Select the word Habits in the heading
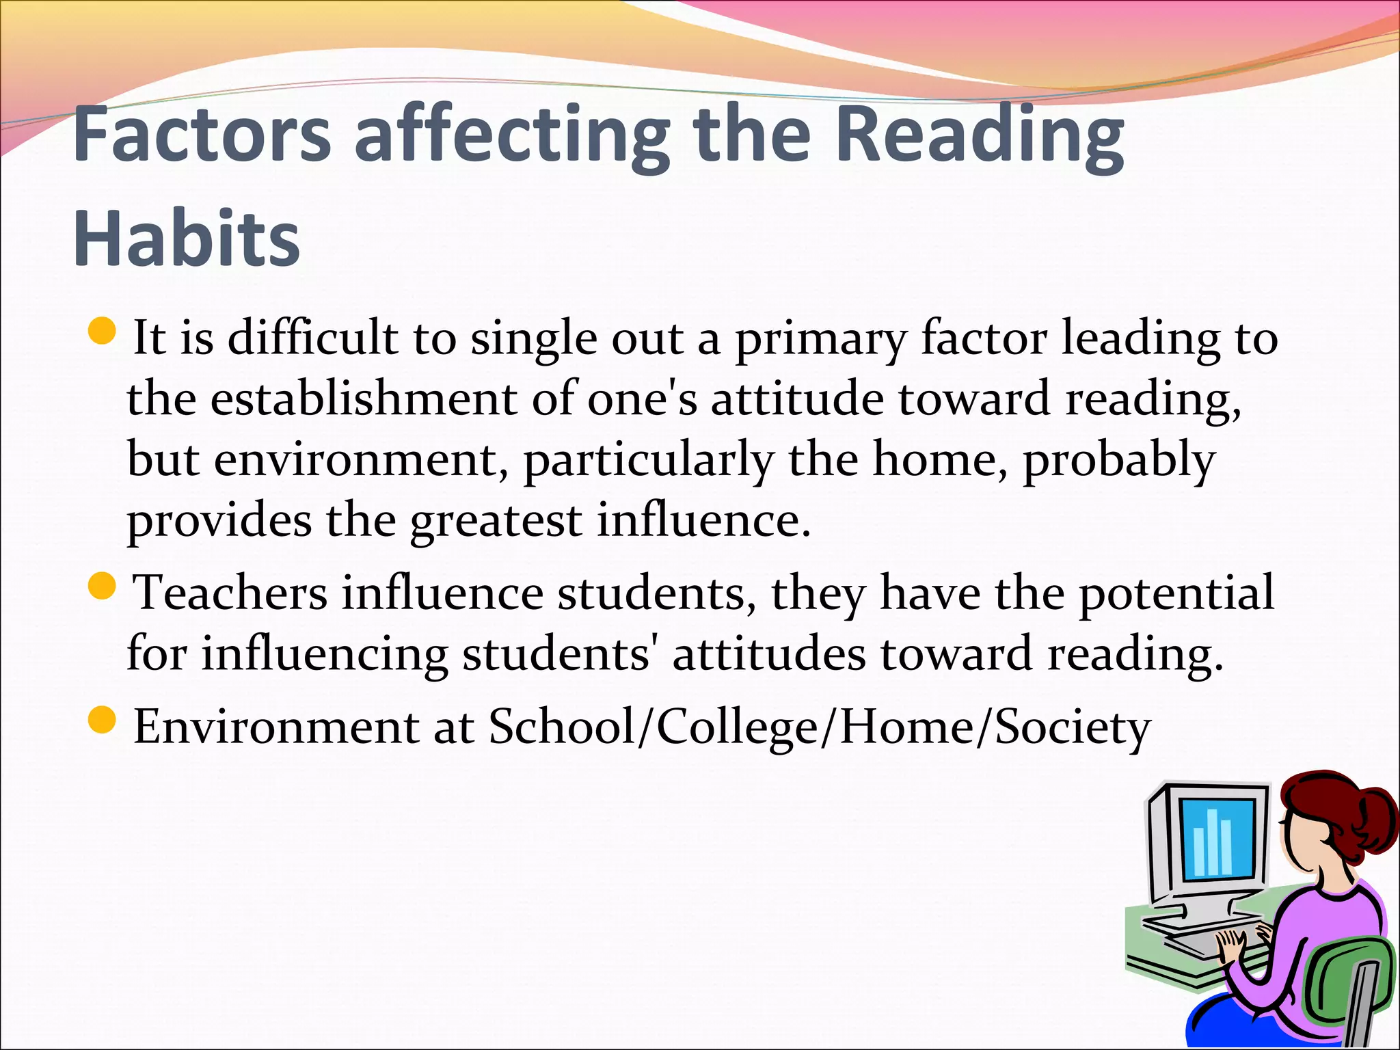point(186,239)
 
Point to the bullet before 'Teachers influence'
point(103,586)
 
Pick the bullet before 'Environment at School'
point(103,720)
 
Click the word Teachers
point(230,592)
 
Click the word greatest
point(496,521)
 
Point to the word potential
point(1176,592)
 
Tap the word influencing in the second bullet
point(324,654)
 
